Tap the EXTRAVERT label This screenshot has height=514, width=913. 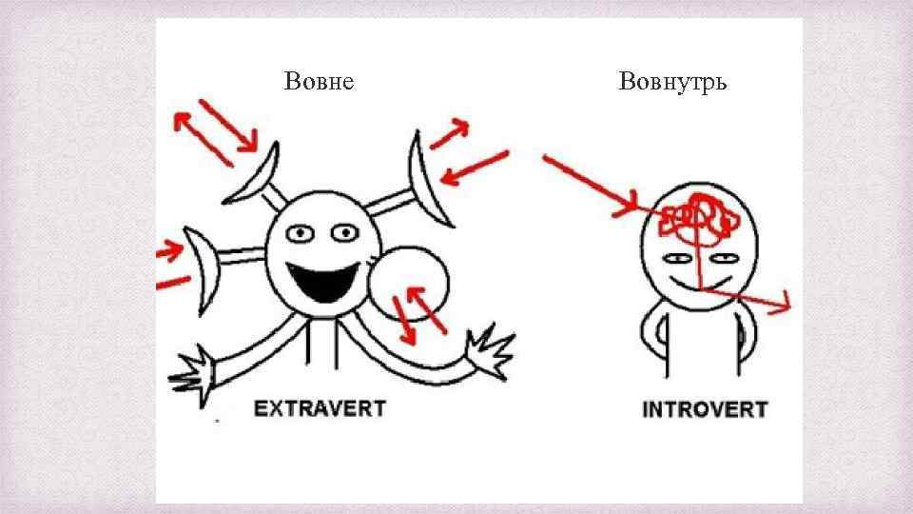coord(320,409)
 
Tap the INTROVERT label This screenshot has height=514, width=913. coord(705,410)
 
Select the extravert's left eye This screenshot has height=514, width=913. coord(303,232)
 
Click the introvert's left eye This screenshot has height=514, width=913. coord(678,258)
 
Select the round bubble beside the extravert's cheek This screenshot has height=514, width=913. coord(409,284)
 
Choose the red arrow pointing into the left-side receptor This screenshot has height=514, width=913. coord(170,250)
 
